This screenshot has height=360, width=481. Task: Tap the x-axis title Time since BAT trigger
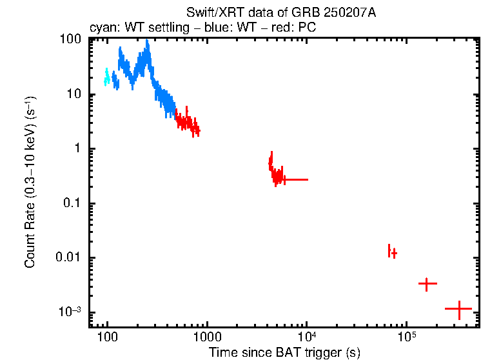pos(284,352)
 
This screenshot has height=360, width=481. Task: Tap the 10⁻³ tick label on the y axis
pos(69,312)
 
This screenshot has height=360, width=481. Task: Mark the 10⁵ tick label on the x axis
pos(406,336)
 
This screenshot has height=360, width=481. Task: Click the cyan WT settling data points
pos(107,77)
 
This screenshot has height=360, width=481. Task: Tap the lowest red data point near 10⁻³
pos(458,309)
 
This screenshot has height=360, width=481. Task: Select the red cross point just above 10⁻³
pos(427,283)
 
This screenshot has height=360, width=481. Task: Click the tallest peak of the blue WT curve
pos(148,45)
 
